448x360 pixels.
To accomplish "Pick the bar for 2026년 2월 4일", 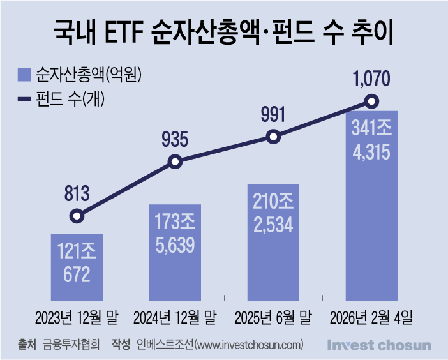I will (x=371, y=204).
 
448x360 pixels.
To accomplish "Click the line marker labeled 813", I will (x=77, y=216).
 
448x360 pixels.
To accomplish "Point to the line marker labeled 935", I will (x=175, y=162).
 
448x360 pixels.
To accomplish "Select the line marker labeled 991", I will (x=273, y=137).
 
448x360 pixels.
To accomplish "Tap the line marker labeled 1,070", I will (x=371, y=101).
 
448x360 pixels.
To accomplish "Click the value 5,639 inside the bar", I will (x=175, y=244).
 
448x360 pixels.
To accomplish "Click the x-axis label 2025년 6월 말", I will (x=273, y=317).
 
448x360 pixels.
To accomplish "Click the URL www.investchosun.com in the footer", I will (x=249, y=345).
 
